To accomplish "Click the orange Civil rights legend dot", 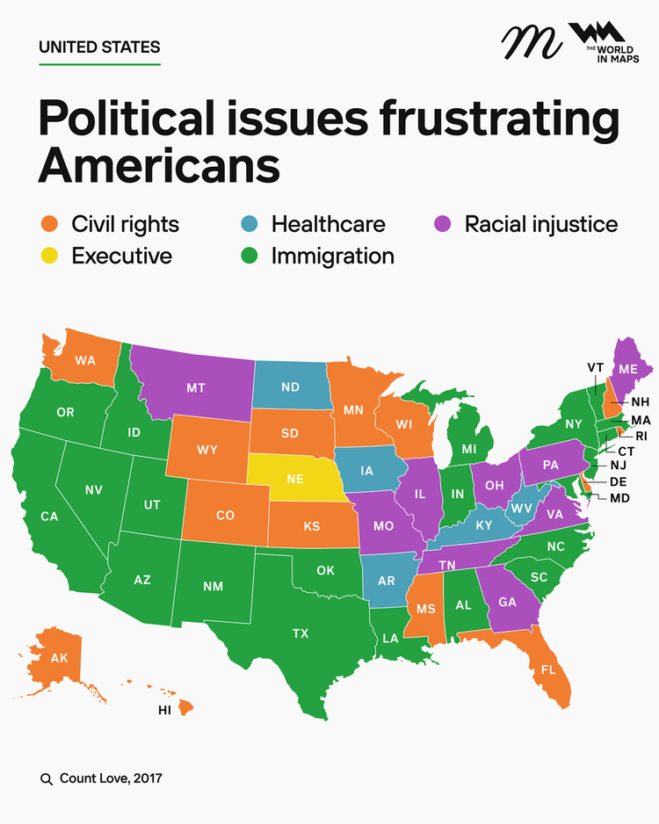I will [48, 224].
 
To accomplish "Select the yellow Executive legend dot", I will [48, 257].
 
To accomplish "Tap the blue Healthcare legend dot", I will [248, 224].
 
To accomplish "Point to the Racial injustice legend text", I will [541, 224].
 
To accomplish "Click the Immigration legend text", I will [332, 257].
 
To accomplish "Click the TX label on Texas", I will [300, 632].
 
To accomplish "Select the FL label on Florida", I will [548, 669].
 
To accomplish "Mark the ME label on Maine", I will [627, 370].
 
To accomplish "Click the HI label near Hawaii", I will [164, 711].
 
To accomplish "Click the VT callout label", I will [595, 366].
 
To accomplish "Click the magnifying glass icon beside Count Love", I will [47, 778].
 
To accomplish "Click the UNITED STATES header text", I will [99, 47].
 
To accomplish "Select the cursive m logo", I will [532, 40].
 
